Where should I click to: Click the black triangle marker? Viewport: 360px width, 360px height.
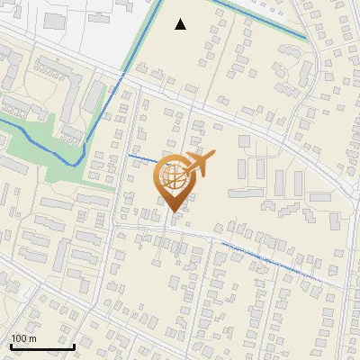pyautogui.click(x=181, y=24)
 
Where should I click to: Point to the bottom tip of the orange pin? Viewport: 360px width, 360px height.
pyautogui.click(x=174, y=212)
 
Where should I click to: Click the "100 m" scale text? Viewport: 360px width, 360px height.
pyautogui.click(x=23, y=338)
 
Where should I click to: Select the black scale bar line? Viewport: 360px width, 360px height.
pyautogui.click(x=42, y=346)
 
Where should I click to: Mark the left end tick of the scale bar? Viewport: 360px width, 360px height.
pyautogui.click(x=11, y=346)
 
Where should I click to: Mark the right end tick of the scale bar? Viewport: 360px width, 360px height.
pyautogui.click(x=74, y=346)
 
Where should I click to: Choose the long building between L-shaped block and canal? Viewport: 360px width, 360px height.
pyautogui.click(x=94, y=95)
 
